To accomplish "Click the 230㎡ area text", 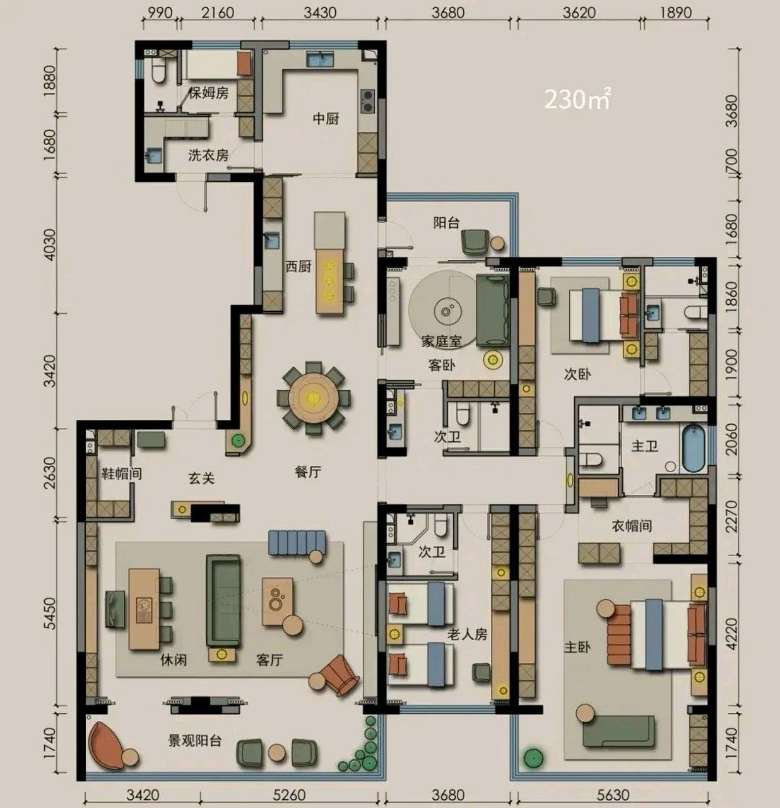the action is coord(577,99).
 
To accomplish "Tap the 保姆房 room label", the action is coord(209,93).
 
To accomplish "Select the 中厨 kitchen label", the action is coord(326,119).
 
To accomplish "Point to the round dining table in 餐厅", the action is coord(314,398).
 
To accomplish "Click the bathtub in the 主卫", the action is coord(694,448).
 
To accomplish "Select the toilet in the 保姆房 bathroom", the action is coord(158,71).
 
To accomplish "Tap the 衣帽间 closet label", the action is coord(632,526).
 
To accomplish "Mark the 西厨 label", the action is coord(298,266).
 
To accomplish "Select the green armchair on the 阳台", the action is coord(475,242).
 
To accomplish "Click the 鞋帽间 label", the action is coord(122,473).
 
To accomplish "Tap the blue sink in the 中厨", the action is coord(320,59).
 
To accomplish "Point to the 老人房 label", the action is coord(467,634).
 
